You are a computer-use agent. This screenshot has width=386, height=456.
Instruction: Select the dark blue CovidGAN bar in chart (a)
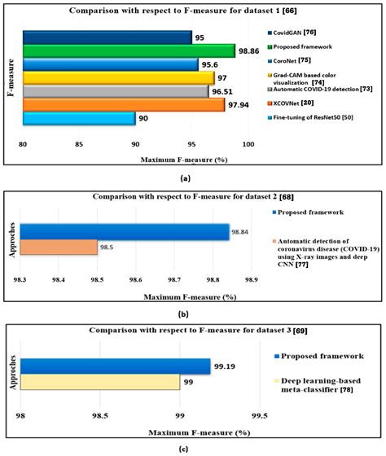point(107,37)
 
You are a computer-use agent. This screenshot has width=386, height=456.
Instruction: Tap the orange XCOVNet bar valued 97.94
point(124,104)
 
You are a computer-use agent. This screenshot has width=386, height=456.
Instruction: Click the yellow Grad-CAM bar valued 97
point(118,77)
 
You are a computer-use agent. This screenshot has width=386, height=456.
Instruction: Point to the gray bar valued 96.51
point(116,91)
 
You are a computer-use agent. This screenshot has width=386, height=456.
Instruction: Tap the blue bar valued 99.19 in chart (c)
point(115,366)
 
